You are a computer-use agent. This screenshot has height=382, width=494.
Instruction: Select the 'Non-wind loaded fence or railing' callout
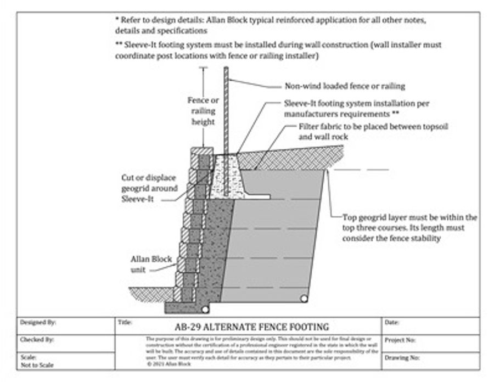[x=345, y=86]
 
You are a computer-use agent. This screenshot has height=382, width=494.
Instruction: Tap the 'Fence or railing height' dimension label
[x=203, y=111]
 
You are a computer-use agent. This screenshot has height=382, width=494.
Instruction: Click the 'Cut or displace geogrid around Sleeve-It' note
[x=149, y=188]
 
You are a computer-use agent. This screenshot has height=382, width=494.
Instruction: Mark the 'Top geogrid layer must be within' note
[x=409, y=227]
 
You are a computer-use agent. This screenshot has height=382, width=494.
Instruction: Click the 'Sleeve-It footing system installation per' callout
[x=357, y=108]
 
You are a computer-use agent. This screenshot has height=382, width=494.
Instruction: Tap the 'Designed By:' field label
[x=38, y=322]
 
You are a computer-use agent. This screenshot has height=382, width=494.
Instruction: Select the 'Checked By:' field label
[x=37, y=340]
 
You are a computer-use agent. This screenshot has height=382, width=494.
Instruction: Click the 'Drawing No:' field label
[x=402, y=357]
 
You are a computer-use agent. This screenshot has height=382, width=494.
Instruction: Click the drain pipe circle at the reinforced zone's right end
[x=304, y=298]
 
